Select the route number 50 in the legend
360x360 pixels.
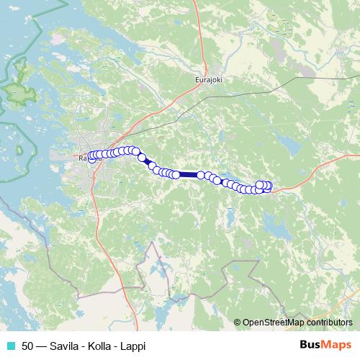(x=27, y=346)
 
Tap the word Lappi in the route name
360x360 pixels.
(x=132, y=346)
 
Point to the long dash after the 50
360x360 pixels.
(x=42, y=346)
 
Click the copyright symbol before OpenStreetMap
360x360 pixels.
(x=238, y=323)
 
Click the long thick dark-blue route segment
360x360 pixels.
(x=188, y=174)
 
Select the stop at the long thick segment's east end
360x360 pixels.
(x=200, y=174)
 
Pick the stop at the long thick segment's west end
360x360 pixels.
(x=176, y=174)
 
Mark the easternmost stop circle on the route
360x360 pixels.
(x=269, y=186)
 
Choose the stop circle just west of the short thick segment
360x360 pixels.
(x=142, y=158)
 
